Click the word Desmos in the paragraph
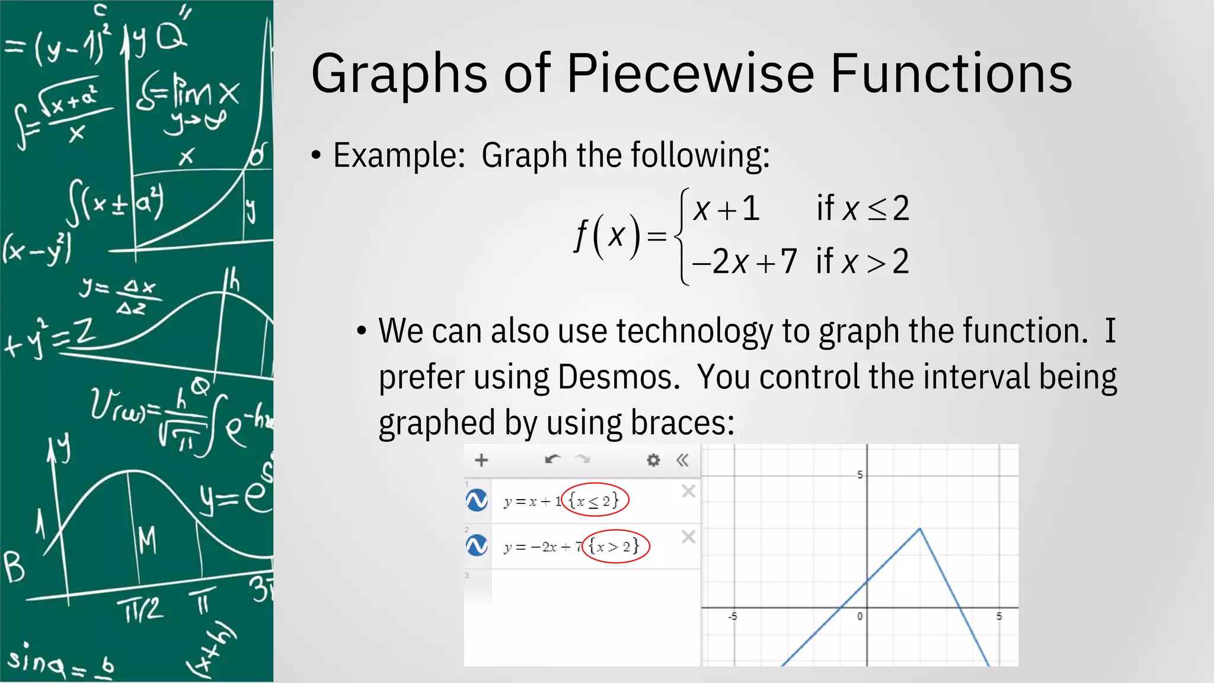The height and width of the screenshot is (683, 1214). pyautogui.click(x=618, y=377)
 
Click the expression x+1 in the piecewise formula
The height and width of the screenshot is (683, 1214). pyautogui.click(x=727, y=209)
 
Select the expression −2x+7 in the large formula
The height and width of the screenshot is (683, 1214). pyautogui.click(x=745, y=261)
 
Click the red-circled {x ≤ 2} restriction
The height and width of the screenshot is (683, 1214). pyautogui.click(x=594, y=500)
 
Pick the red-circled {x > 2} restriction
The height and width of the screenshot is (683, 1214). pyautogui.click(x=615, y=546)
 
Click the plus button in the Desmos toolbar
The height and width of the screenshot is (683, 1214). pyautogui.click(x=481, y=460)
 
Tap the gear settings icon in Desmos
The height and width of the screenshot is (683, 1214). pyautogui.click(x=653, y=460)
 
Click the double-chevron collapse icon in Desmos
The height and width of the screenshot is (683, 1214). pyautogui.click(x=682, y=460)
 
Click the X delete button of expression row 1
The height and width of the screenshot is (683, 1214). pyautogui.click(x=688, y=491)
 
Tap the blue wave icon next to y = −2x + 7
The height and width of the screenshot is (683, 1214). pyautogui.click(x=477, y=545)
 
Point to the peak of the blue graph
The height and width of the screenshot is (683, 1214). pyautogui.click(x=920, y=528)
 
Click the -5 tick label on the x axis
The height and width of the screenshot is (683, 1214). pyautogui.click(x=733, y=617)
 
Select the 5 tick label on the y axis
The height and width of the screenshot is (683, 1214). pyautogui.click(x=860, y=475)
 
